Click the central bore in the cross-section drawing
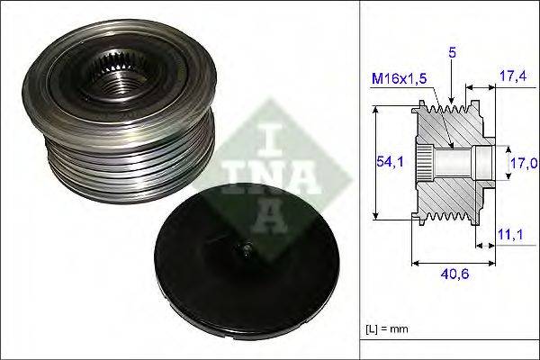pyautogui.click(x=459, y=163)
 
